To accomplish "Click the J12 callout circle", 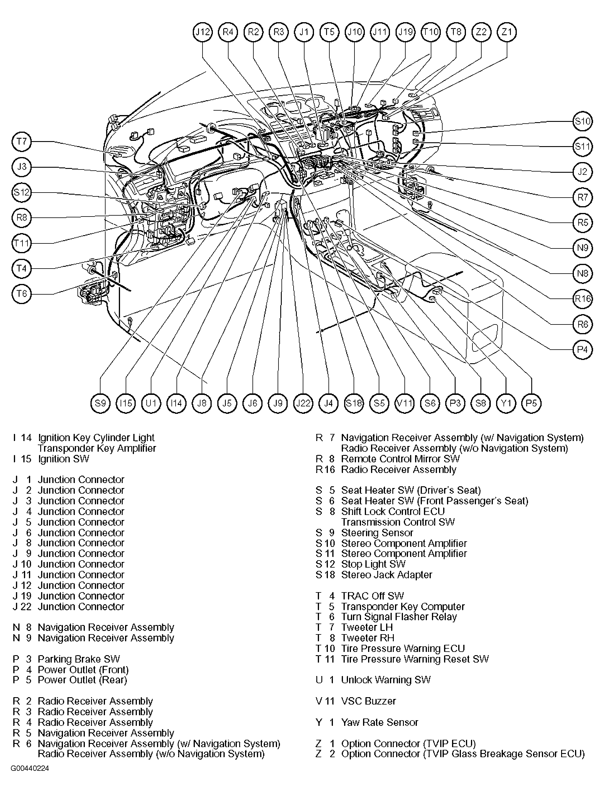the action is (x=203, y=32).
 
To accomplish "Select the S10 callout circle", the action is (x=582, y=121).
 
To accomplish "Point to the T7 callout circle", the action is (x=22, y=141).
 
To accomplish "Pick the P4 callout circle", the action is (x=582, y=349).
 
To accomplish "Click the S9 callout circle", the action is (x=100, y=403).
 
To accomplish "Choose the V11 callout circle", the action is (x=404, y=403).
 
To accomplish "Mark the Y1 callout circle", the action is (x=506, y=403).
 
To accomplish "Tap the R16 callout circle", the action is (x=582, y=298).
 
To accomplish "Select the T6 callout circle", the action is (x=22, y=294).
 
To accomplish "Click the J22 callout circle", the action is (x=303, y=403).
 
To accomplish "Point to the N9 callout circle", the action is (x=582, y=248).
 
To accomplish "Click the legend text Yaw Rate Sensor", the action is (x=380, y=723).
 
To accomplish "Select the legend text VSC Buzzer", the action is (x=368, y=701).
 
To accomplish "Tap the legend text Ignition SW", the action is (x=64, y=459).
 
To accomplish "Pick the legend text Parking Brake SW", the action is (x=79, y=659).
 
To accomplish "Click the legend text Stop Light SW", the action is (x=373, y=564).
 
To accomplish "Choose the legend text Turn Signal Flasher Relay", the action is (x=399, y=617).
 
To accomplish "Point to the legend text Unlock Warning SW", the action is (x=386, y=680).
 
